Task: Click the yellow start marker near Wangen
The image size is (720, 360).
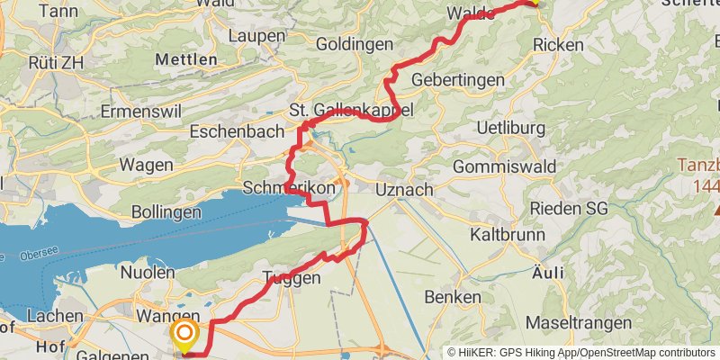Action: click(184, 336)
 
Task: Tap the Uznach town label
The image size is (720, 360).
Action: click(404, 190)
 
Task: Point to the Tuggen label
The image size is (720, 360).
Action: click(292, 279)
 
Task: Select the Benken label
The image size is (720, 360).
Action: click(452, 297)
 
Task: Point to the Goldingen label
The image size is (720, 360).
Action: click(354, 44)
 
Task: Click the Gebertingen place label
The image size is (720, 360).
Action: click(457, 81)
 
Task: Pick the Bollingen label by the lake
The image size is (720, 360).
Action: click(166, 212)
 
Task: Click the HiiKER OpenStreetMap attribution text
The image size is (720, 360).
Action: click(581, 353)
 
